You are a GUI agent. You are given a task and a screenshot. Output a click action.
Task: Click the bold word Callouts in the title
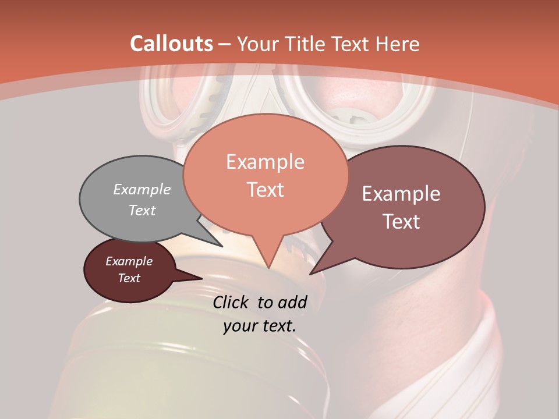(171, 44)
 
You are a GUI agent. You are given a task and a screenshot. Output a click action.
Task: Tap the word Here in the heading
(398, 44)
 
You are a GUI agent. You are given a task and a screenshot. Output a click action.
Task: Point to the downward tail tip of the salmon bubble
(268, 268)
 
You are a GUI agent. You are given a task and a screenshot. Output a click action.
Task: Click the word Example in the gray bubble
(142, 189)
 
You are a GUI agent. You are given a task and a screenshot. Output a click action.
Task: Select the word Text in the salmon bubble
(265, 190)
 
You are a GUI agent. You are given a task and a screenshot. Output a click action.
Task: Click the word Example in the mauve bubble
(401, 193)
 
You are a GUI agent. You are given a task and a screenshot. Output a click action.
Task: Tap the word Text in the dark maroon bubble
(129, 278)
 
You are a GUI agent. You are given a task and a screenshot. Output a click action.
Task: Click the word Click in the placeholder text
(231, 301)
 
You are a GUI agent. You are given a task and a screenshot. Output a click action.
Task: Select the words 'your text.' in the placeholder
(260, 326)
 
